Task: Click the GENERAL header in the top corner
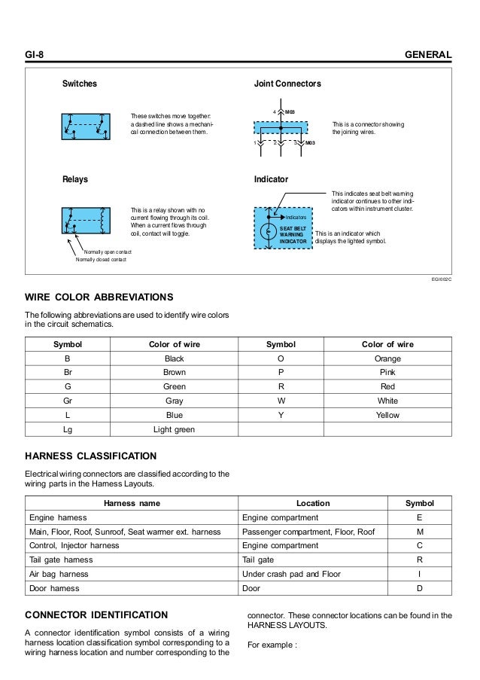pos(428,55)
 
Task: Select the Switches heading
pos(79,84)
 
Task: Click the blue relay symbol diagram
pos(86,220)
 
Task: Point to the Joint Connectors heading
pos(288,84)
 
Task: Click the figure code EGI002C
pos(440,278)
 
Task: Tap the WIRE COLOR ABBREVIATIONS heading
pos(99,297)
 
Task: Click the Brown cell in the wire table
pos(175,373)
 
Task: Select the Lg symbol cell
pos(68,429)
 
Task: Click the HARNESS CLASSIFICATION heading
pos(91,456)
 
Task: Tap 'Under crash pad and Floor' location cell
pos(289,574)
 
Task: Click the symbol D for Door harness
pos(420,588)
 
